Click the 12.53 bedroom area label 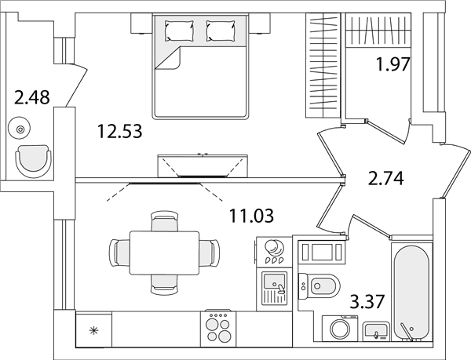click(x=119, y=132)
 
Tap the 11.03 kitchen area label click(x=251, y=216)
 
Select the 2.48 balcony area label click(x=32, y=97)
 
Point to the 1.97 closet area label click(x=393, y=64)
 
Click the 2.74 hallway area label click(x=386, y=179)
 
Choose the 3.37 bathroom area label click(x=367, y=302)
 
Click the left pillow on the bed click(x=179, y=31)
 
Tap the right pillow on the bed click(x=221, y=31)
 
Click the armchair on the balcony click(x=33, y=162)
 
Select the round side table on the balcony click(x=20, y=129)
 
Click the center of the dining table click(x=165, y=253)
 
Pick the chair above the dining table click(x=164, y=221)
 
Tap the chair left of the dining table click(x=120, y=253)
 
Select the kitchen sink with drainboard click(x=274, y=287)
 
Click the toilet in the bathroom click(x=319, y=286)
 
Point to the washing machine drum click(x=341, y=329)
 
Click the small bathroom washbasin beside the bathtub click(x=376, y=332)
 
